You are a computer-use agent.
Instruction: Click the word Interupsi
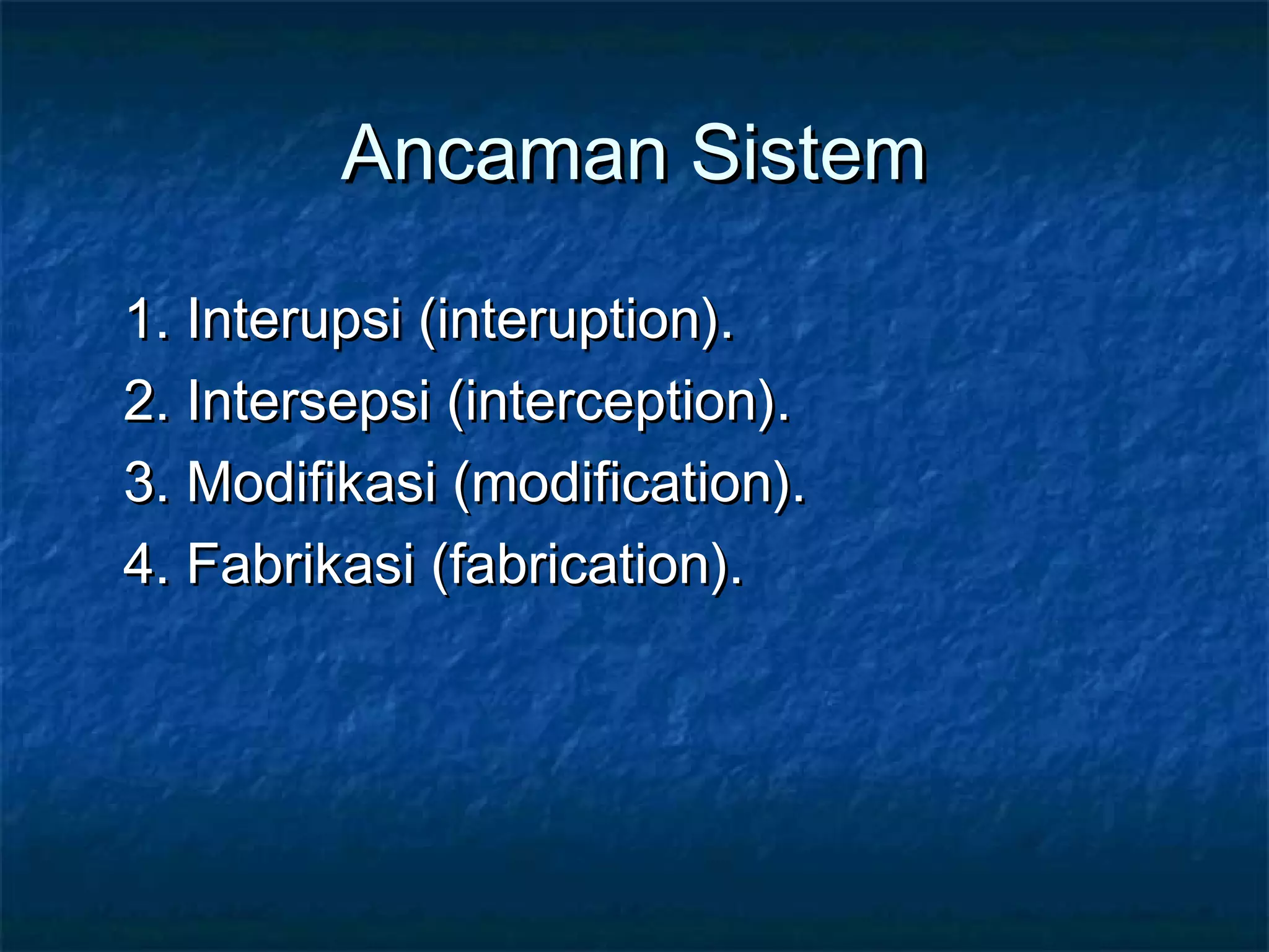coord(294,320)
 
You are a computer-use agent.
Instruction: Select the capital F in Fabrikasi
coord(204,563)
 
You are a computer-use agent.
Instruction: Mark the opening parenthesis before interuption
coord(427,322)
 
